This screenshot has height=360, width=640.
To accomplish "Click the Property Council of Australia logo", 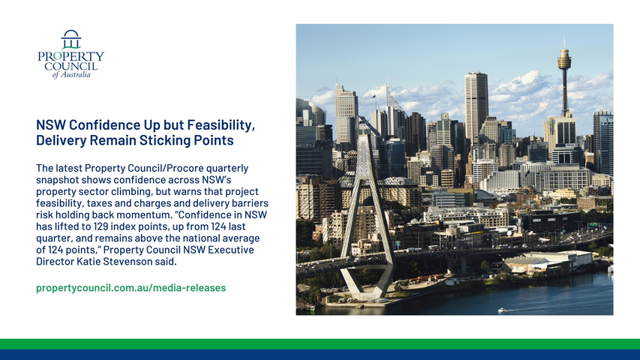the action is tap(71, 54).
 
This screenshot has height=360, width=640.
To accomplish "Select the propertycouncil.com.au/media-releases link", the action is tap(131, 288).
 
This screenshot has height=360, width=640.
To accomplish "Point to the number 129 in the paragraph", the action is tap(101, 226).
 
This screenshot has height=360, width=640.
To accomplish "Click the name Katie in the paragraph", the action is tap(89, 262).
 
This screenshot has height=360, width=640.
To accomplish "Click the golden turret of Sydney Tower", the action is tap(564, 58).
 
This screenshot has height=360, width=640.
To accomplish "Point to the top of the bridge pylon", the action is tap(363, 136).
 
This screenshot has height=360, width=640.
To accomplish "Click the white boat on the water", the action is tap(501, 310).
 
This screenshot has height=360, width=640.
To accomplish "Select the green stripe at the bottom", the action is tap(320, 344).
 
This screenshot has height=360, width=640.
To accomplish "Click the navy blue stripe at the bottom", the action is tap(320, 355).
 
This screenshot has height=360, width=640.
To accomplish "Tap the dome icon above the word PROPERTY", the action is tap(71, 39).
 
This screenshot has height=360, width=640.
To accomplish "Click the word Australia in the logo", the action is tap(76, 75).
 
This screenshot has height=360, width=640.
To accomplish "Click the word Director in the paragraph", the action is tap(55, 262).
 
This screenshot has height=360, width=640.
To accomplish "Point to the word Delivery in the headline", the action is tap(62, 140).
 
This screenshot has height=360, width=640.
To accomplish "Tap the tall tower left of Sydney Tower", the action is tap(476, 107).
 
